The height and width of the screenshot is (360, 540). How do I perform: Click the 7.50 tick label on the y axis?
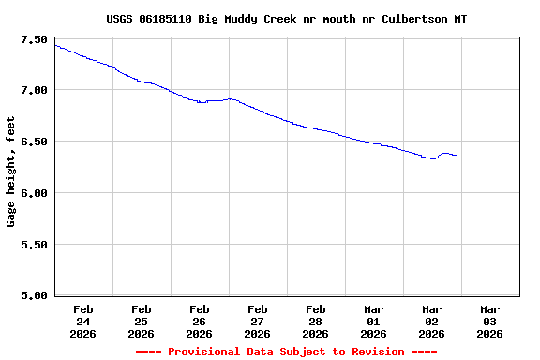click(x=33, y=39)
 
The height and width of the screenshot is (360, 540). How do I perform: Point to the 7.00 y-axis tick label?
click(x=33, y=90)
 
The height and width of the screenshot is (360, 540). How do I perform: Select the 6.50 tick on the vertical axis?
click(x=33, y=142)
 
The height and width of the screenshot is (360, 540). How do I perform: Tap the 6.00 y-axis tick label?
click(x=33, y=193)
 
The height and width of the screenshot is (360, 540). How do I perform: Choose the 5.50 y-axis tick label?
click(x=33, y=245)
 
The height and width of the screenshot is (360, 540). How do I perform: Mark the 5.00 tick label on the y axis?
click(x=33, y=295)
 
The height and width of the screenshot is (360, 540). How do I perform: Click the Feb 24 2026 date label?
click(x=82, y=321)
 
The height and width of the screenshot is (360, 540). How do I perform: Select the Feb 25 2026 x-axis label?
click(x=141, y=321)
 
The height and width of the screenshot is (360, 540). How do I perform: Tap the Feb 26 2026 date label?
click(x=199, y=321)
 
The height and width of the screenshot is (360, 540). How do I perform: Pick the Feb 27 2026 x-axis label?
click(x=257, y=321)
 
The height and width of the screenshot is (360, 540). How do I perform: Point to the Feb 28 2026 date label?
click(x=315, y=321)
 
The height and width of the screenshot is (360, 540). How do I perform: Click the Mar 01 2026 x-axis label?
click(x=373, y=321)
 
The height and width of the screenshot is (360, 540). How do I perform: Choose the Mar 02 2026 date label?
click(x=431, y=321)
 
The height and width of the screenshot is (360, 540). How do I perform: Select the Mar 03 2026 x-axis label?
click(x=489, y=321)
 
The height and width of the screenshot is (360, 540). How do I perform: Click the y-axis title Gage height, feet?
click(x=11, y=172)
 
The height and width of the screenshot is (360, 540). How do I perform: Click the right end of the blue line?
click(x=457, y=156)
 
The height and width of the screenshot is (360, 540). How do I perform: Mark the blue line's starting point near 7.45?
click(x=56, y=45)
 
